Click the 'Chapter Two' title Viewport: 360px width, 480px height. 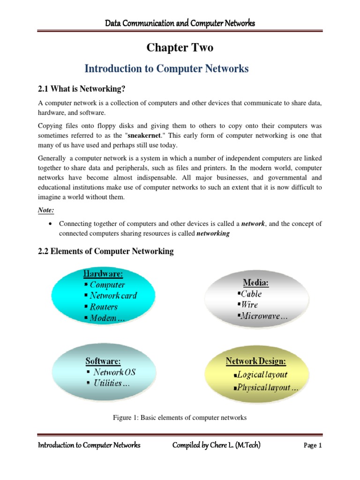[x=180, y=48]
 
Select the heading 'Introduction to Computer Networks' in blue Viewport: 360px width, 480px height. [x=166, y=69]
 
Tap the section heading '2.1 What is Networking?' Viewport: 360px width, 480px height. [x=82, y=89]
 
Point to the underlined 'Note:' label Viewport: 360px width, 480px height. [x=45, y=210]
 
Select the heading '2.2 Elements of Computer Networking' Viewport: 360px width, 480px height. [x=105, y=251]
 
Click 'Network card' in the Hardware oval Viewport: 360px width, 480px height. [x=113, y=296]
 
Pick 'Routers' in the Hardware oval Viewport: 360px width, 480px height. [x=104, y=307]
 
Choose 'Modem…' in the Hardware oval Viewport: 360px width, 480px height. [x=107, y=318]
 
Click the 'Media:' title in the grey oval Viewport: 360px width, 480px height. [x=256, y=283]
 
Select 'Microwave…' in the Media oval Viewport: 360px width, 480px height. [x=264, y=316]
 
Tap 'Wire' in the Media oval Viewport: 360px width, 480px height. [x=249, y=305]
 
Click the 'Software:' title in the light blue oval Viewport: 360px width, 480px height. [x=103, y=361]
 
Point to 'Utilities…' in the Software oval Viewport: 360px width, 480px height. [x=112, y=383]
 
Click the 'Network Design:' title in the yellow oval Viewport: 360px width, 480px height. [x=256, y=361]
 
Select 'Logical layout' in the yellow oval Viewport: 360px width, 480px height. [x=262, y=375]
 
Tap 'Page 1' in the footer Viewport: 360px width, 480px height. [x=313, y=446]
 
